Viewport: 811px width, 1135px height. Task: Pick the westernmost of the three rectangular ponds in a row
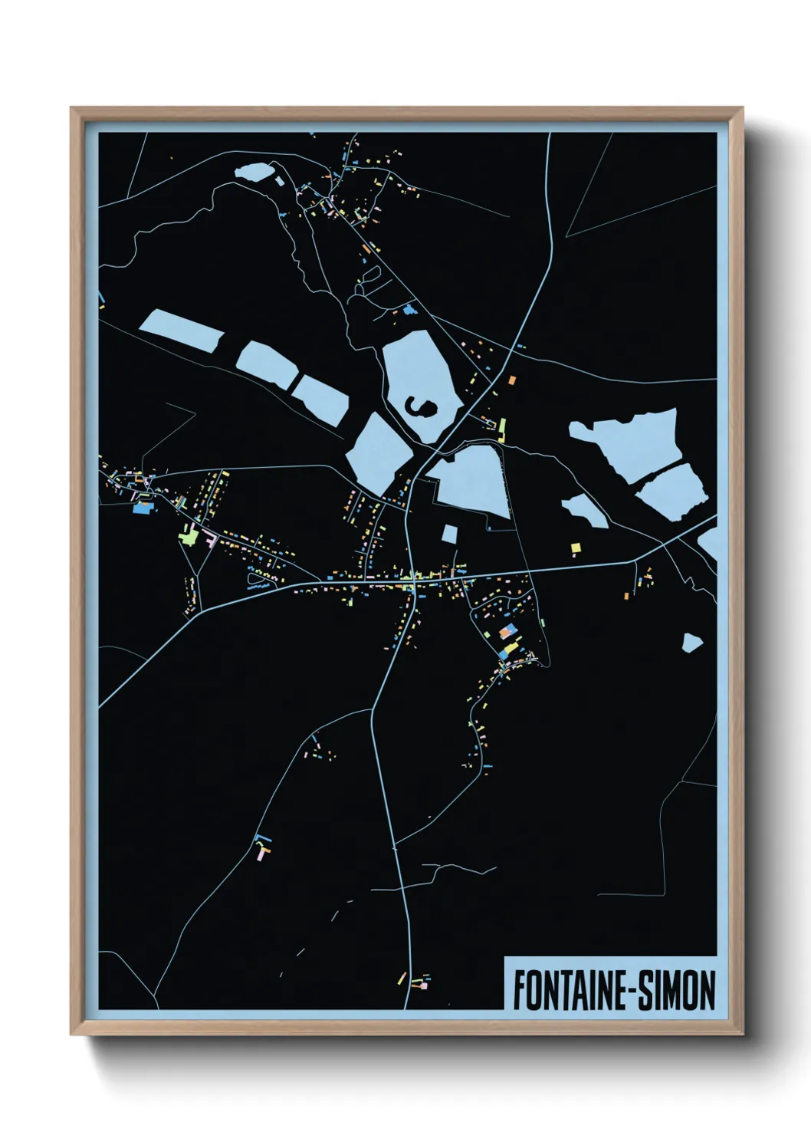181,331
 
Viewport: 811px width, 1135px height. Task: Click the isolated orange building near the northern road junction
511,379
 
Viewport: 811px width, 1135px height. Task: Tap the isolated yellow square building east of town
576,547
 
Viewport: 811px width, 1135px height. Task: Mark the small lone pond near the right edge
692,642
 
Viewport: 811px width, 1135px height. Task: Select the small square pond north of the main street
449,533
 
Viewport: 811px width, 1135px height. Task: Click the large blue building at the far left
142,507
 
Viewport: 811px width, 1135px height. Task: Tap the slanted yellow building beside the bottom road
400,978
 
